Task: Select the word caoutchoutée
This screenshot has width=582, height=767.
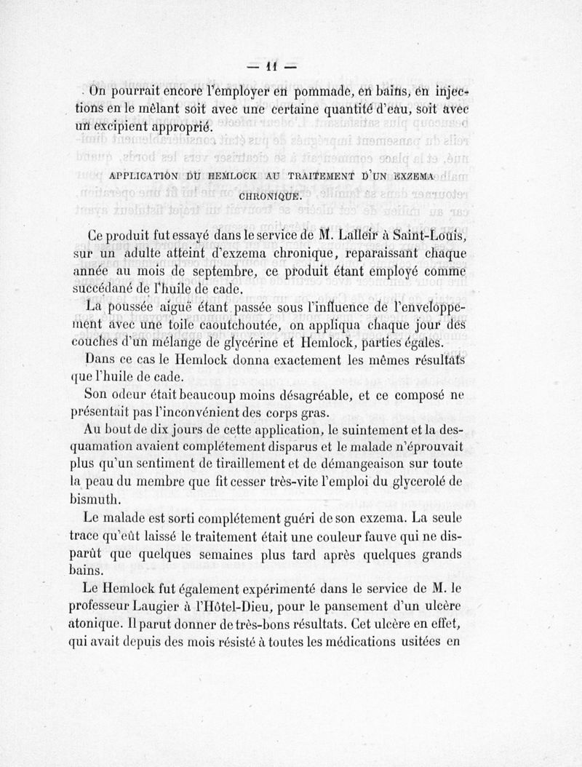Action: click(246, 323)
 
